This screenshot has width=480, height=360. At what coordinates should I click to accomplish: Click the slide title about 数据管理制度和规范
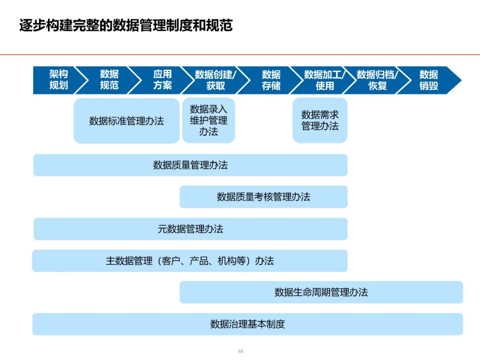click(x=126, y=25)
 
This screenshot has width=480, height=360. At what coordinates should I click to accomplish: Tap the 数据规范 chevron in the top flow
click(x=109, y=80)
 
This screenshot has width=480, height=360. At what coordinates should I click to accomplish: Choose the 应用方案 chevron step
click(x=162, y=80)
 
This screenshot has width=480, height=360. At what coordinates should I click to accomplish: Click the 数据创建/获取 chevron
click(x=216, y=80)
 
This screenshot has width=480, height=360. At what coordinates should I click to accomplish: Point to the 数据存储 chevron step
click(x=271, y=80)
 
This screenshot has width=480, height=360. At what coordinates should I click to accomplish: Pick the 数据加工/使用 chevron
click(x=324, y=80)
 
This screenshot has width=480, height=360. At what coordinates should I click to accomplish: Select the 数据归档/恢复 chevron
click(x=377, y=80)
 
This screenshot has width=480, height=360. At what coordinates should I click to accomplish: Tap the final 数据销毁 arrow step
click(x=429, y=80)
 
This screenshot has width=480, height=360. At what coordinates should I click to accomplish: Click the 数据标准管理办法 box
click(x=126, y=121)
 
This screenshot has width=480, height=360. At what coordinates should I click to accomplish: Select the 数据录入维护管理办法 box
click(x=208, y=120)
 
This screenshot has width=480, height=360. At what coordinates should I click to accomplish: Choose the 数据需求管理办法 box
click(x=320, y=120)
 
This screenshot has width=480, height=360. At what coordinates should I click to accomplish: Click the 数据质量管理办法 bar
click(x=190, y=165)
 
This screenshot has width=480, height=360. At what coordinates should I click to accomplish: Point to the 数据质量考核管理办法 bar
click(x=264, y=197)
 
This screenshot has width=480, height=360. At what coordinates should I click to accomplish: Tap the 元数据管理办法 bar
click(x=190, y=229)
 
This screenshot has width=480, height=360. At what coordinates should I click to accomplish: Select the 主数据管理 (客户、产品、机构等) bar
click(x=190, y=261)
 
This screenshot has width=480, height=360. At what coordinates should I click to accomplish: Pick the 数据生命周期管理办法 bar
click(x=321, y=292)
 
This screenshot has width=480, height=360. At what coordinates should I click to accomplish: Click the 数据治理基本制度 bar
click(x=248, y=324)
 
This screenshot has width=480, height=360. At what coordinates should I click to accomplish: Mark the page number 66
click(x=240, y=351)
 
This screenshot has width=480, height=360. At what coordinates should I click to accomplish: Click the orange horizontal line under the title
click(x=240, y=55)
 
